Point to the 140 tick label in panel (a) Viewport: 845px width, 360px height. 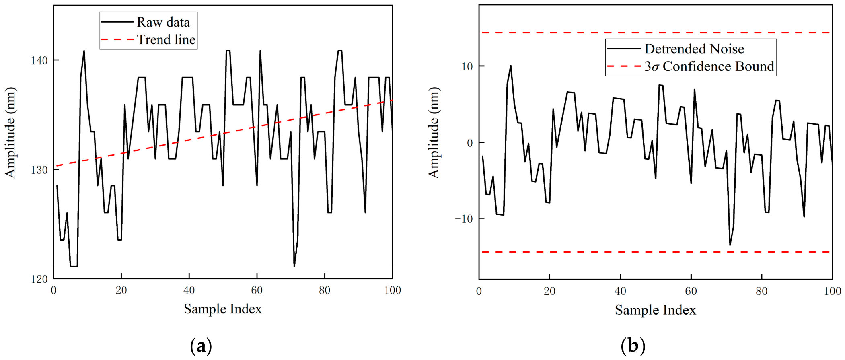pyautogui.click(x=39, y=61)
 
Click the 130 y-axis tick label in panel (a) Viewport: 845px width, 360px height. pyautogui.click(x=39, y=170)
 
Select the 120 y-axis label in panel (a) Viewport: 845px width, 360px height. pyautogui.click(x=39, y=279)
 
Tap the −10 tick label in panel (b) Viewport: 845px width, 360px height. pyautogui.click(x=464, y=218)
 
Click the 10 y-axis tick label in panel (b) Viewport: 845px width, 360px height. pyautogui.click(x=467, y=67)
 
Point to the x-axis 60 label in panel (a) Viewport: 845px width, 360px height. pyautogui.click(x=257, y=290)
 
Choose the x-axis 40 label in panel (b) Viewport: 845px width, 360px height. pyautogui.click(x=620, y=291)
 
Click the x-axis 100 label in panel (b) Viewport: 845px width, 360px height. pyautogui.click(x=832, y=291)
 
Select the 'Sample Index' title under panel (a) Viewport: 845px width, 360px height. pyautogui.click(x=223, y=309)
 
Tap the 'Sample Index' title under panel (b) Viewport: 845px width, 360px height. pyautogui.click(x=655, y=310)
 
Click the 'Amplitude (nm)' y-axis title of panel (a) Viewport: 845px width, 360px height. pyautogui.click(x=10, y=132)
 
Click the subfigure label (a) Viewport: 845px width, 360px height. pyautogui.click(x=201, y=346)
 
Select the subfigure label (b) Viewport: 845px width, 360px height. pyautogui.click(x=633, y=346)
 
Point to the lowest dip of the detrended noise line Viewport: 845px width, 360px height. pyautogui.click(x=730, y=245)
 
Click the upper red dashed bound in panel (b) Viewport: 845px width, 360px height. pyautogui.click(x=656, y=33)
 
